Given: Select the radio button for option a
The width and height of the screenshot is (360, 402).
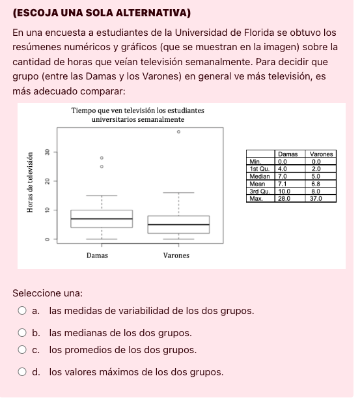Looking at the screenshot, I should [22, 311].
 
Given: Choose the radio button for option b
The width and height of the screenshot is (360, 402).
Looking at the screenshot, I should [22, 333].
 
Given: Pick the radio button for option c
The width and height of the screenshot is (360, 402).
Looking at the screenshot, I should [22, 351].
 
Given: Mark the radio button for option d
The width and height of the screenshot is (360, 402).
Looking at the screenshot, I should [22, 373].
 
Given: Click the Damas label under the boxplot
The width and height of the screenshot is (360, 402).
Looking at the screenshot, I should [98, 255].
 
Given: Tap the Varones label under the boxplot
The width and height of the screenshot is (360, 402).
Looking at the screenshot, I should [176, 255].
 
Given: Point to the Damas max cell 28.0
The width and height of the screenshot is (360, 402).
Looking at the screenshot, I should [284, 199].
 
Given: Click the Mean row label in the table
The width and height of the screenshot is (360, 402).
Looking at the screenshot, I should [258, 184].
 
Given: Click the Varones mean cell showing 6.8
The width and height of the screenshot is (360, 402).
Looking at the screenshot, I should [318, 184].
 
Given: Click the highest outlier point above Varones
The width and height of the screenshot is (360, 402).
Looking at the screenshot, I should [178, 132].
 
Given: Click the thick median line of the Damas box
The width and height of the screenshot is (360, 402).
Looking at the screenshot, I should [102, 219].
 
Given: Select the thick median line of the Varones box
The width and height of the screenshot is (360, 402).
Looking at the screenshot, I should [178, 225].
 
